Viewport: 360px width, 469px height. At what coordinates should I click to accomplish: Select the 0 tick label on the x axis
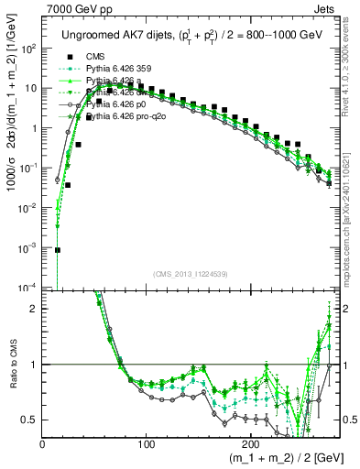point(43,444)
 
